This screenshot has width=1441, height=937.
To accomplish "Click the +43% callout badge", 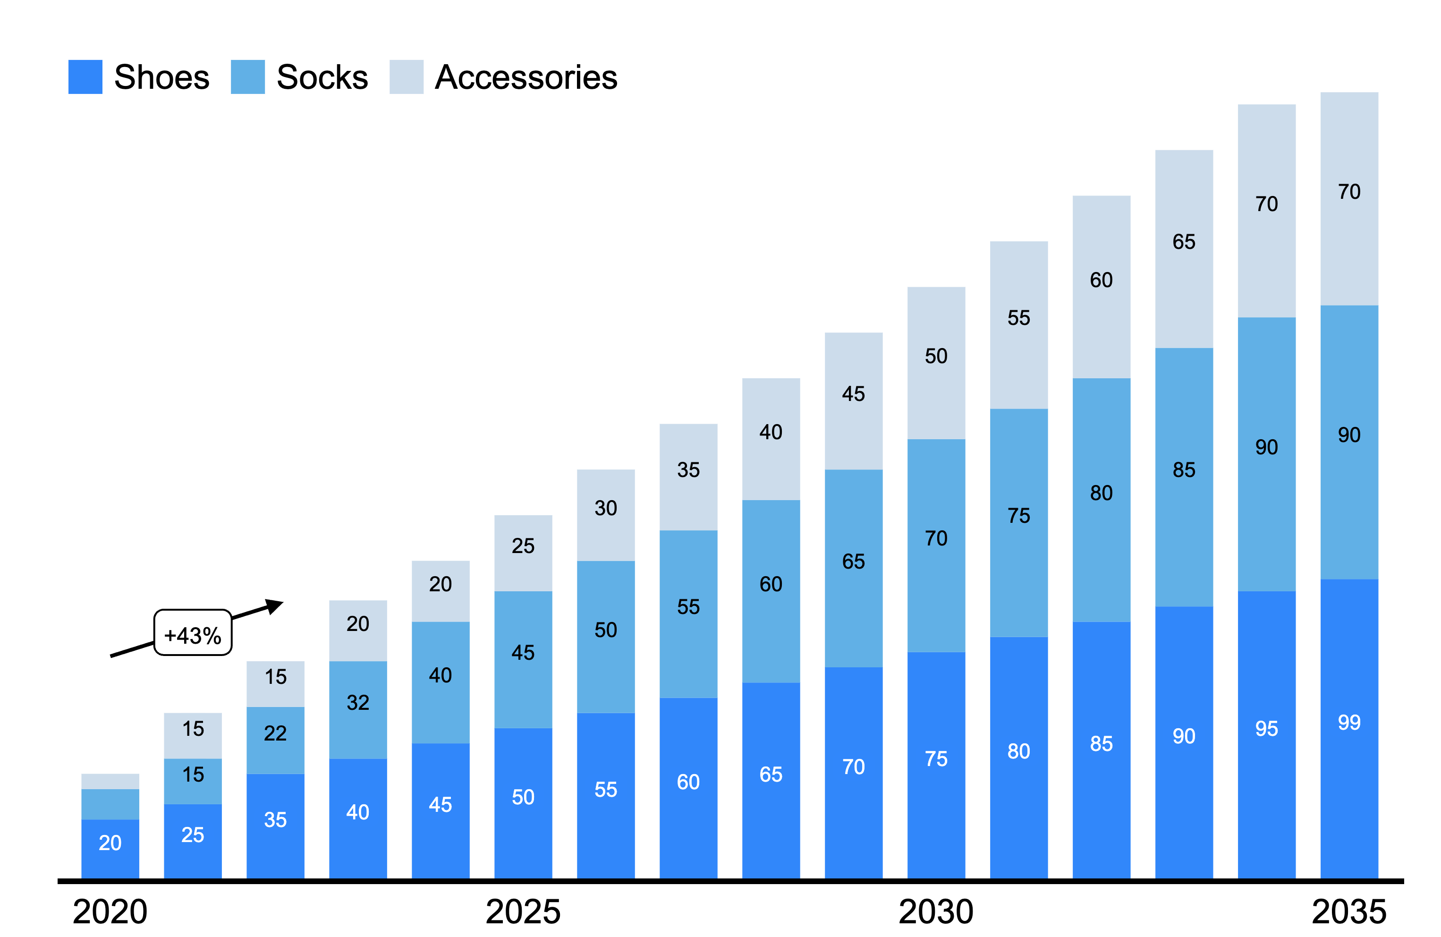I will pos(193,633).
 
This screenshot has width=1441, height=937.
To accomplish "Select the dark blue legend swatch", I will pos(85,77).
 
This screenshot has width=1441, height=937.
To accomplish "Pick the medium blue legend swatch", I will pos(247,77).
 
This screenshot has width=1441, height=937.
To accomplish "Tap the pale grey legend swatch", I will pos(406,77).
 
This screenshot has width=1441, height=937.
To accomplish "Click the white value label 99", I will pos(1349,723).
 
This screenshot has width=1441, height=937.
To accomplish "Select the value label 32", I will pos(358,703).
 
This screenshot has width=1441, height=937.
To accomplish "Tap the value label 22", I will pos(275,733).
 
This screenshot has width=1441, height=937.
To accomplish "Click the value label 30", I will pos(605,508).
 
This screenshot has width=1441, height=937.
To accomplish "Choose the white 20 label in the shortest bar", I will pos(110,843).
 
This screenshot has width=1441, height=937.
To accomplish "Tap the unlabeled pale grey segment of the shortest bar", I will pos(110,781).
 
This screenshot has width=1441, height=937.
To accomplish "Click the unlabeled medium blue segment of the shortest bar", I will pos(110,804).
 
